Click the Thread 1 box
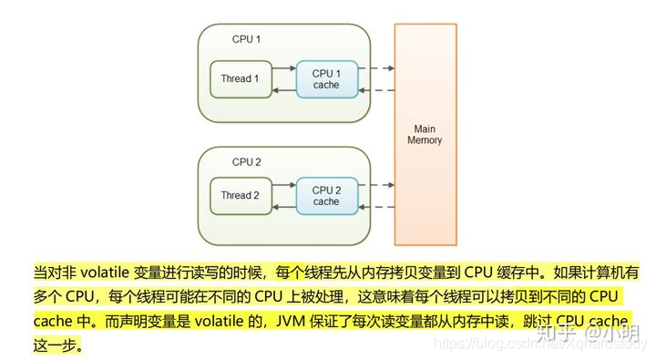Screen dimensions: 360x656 [x=240, y=79]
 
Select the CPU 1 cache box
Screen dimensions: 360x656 [x=325, y=79]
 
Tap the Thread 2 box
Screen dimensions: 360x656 [x=240, y=195]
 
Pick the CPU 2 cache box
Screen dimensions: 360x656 [x=325, y=196]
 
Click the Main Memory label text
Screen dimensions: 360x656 [x=425, y=135]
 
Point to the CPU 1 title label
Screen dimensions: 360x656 [x=246, y=39]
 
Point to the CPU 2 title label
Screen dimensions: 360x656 [x=246, y=161]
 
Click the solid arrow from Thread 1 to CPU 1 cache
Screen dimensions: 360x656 [x=283, y=68]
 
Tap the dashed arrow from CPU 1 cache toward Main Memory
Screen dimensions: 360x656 [x=375, y=68]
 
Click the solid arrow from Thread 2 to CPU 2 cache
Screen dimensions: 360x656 [x=283, y=185]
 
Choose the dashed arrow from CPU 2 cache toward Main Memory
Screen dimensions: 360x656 [x=375, y=185]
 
